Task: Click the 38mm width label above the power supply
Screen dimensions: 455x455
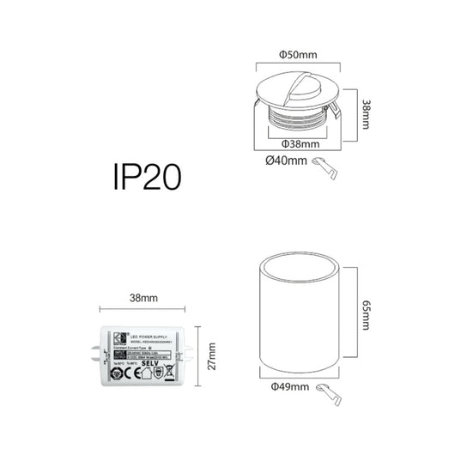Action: click(142, 298)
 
